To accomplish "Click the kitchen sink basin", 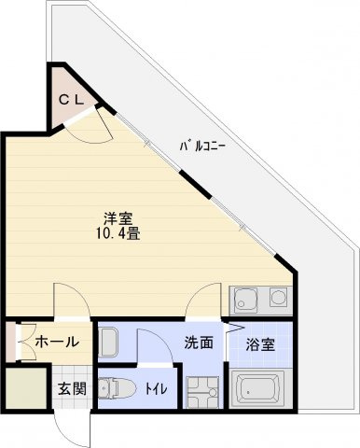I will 247,301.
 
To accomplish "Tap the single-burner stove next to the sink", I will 278,300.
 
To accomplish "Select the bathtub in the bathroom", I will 260,389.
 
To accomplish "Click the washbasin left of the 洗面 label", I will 108,343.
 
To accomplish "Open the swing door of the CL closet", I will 93,123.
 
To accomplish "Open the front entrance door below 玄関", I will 70,425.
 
